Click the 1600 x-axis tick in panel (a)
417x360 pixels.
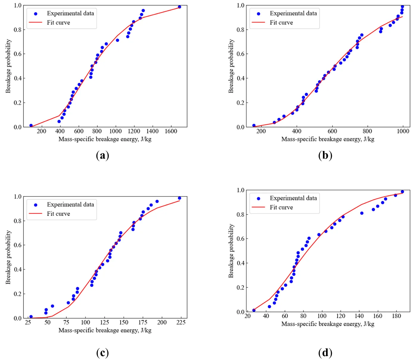tap(171, 131)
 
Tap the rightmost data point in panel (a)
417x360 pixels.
tap(179, 7)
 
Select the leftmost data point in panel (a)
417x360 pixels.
tap(31, 126)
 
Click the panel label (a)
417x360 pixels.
tap(103, 155)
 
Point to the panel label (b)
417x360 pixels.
tap(325, 155)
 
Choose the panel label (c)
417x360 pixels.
tap(103, 353)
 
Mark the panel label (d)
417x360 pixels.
tap(325, 353)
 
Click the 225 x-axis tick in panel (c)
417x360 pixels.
tap(181, 322)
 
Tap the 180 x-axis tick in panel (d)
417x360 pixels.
tap(396, 316)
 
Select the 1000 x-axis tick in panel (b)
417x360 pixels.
tap(403, 131)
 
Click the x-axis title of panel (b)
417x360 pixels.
tap(328, 139)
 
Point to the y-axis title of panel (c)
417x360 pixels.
tap(8, 257)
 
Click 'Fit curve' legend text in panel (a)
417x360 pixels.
tap(58, 23)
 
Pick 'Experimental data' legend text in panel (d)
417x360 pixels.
tap(293, 198)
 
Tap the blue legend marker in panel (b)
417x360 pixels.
tap(258, 14)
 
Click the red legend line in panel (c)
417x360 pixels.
tap(35, 214)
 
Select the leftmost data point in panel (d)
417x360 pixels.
tap(254, 310)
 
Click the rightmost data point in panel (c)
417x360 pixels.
tap(179, 198)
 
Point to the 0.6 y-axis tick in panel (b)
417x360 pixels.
tap(240, 54)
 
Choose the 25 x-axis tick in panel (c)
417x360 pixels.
tap(28, 322)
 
